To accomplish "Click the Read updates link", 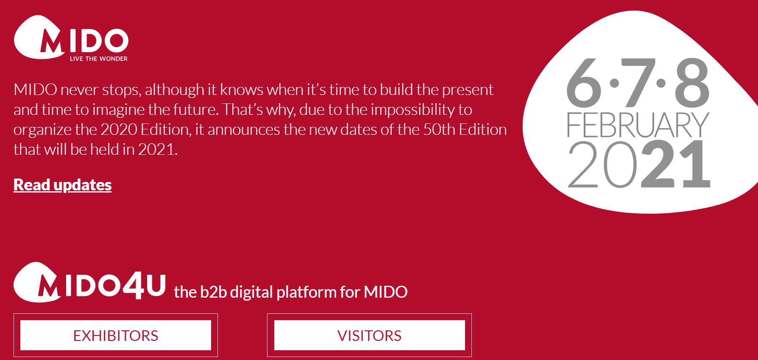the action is click(x=62, y=185).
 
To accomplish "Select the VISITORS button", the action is click(x=369, y=335).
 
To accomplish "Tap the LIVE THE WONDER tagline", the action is click(x=99, y=59).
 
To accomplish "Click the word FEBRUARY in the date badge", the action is click(x=638, y=125).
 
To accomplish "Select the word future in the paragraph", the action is click(x=195, y=110).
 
